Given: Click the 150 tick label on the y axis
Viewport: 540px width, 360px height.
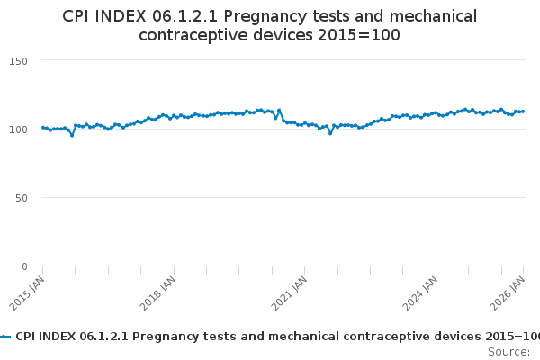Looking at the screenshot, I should coord(20,60).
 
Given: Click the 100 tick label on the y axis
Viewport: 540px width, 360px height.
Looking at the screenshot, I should coord(20,129).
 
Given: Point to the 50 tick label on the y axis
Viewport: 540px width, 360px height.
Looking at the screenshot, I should coord(22,198).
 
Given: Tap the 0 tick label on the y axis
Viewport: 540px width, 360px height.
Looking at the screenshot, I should coord(25,266).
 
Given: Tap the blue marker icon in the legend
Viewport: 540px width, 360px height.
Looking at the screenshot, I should coord(5,336).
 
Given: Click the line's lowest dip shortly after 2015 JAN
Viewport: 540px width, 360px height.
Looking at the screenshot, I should coord(72,135).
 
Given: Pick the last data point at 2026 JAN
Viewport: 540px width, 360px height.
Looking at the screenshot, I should coord(523,112).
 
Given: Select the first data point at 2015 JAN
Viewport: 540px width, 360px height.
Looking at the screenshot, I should coord(42,128).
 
